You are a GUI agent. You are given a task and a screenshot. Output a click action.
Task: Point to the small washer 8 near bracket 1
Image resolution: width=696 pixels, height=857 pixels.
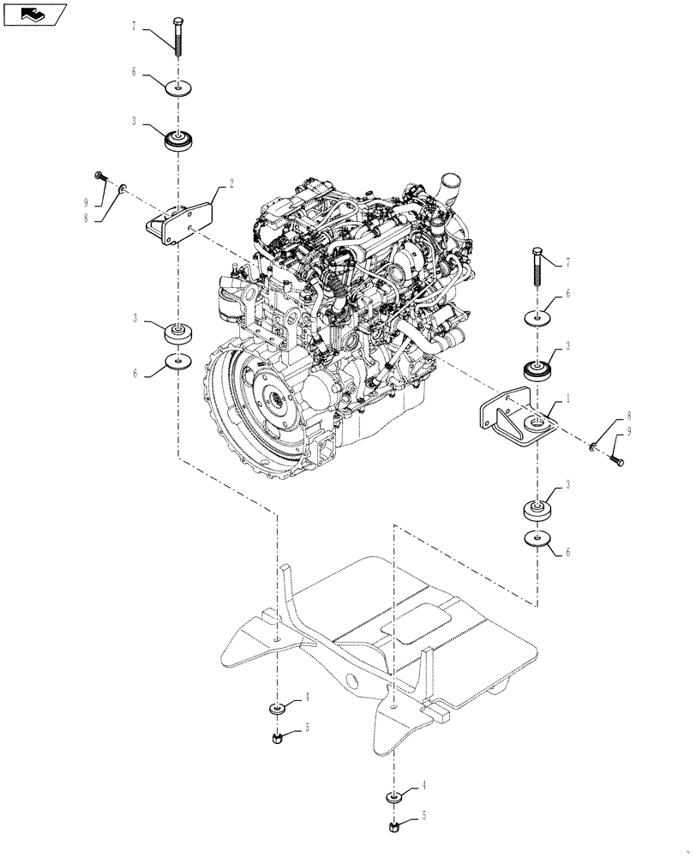(x=592, y=446)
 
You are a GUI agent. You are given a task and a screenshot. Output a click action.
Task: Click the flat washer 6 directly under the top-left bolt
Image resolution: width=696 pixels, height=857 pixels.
(x=177, y=87)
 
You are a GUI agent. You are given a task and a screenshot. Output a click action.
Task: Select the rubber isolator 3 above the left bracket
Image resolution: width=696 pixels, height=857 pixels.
(x=179, y=139)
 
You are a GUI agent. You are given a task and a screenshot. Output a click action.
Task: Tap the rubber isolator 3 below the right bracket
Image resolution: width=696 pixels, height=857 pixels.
(x=537, y=512)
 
